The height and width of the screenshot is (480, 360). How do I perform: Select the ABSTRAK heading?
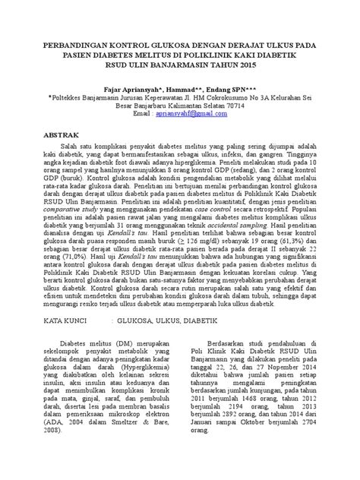[x=63, y=132]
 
